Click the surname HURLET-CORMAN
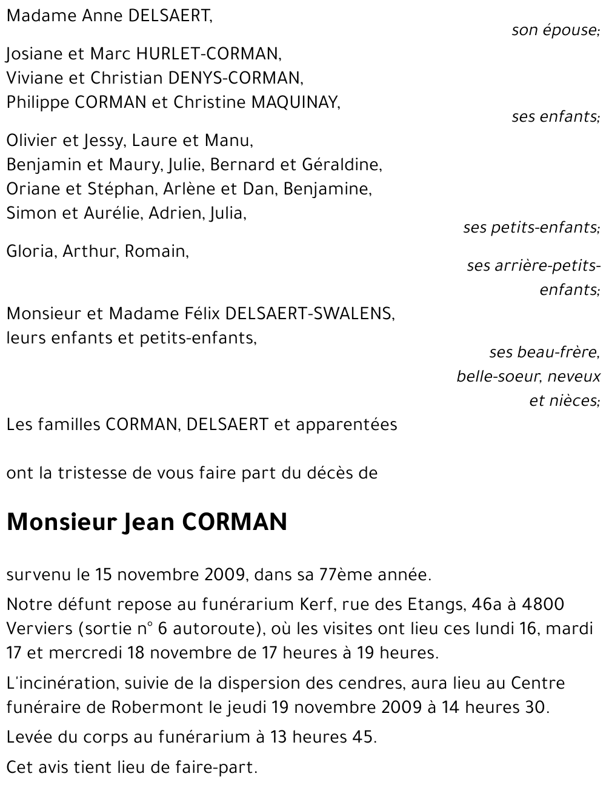[x=208, y=54]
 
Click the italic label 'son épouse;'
[x=555, y=30]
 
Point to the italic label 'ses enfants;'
[x=555, y=116]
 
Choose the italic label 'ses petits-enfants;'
[x=531, y=228]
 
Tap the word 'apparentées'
[x=346, y=425]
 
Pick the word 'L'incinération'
[x=62, y=683]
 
